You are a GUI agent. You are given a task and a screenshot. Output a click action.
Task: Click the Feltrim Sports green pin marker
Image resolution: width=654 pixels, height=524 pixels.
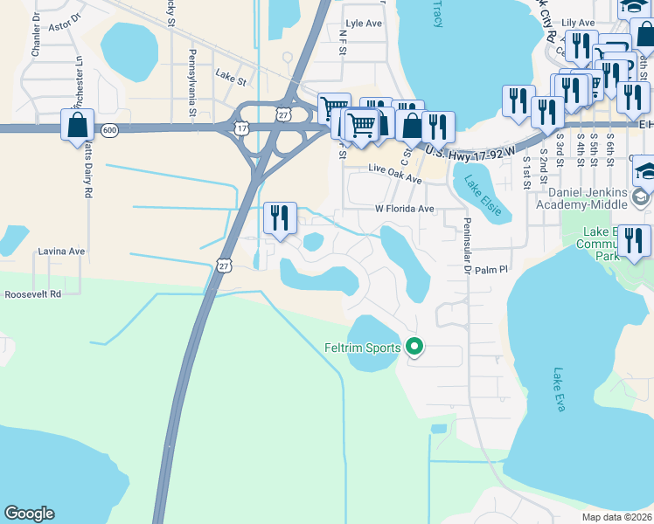(x=414, y=348)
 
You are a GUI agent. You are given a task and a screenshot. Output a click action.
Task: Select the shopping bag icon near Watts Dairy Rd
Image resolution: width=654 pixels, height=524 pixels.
(x=78, y=124)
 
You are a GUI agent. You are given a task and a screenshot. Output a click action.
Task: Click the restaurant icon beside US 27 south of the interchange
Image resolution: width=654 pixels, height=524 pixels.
(x=280, y=218)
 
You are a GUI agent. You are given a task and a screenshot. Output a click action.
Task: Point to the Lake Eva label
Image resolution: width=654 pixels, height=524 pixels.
(x=560, y=389)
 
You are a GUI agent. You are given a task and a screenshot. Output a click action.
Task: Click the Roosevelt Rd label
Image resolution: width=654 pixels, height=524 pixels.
(x=32, y=294)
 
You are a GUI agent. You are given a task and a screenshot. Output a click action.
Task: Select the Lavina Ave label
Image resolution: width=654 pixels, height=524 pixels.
(x=61, y=252)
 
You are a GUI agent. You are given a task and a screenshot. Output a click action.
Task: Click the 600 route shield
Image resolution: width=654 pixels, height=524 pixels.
(x=109, y=130)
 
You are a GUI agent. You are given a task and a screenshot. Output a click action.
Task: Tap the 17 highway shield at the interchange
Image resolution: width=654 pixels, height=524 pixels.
(x=241, y=128)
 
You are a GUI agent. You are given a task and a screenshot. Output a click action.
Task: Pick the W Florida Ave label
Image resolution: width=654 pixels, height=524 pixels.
(x=405, y=210)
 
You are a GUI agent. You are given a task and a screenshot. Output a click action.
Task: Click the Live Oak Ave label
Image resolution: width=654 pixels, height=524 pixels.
(x=395, y=175)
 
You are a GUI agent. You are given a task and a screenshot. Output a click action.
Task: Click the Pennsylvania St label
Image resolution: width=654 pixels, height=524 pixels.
(x=191, y=84)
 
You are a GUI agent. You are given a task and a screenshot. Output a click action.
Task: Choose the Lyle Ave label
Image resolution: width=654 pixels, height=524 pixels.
(x=365, y=24)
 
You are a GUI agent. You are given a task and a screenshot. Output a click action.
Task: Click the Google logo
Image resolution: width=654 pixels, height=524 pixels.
(x=29, y=514)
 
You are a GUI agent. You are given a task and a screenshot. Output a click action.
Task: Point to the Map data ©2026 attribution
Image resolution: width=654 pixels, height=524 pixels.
(x=616, y=517)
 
